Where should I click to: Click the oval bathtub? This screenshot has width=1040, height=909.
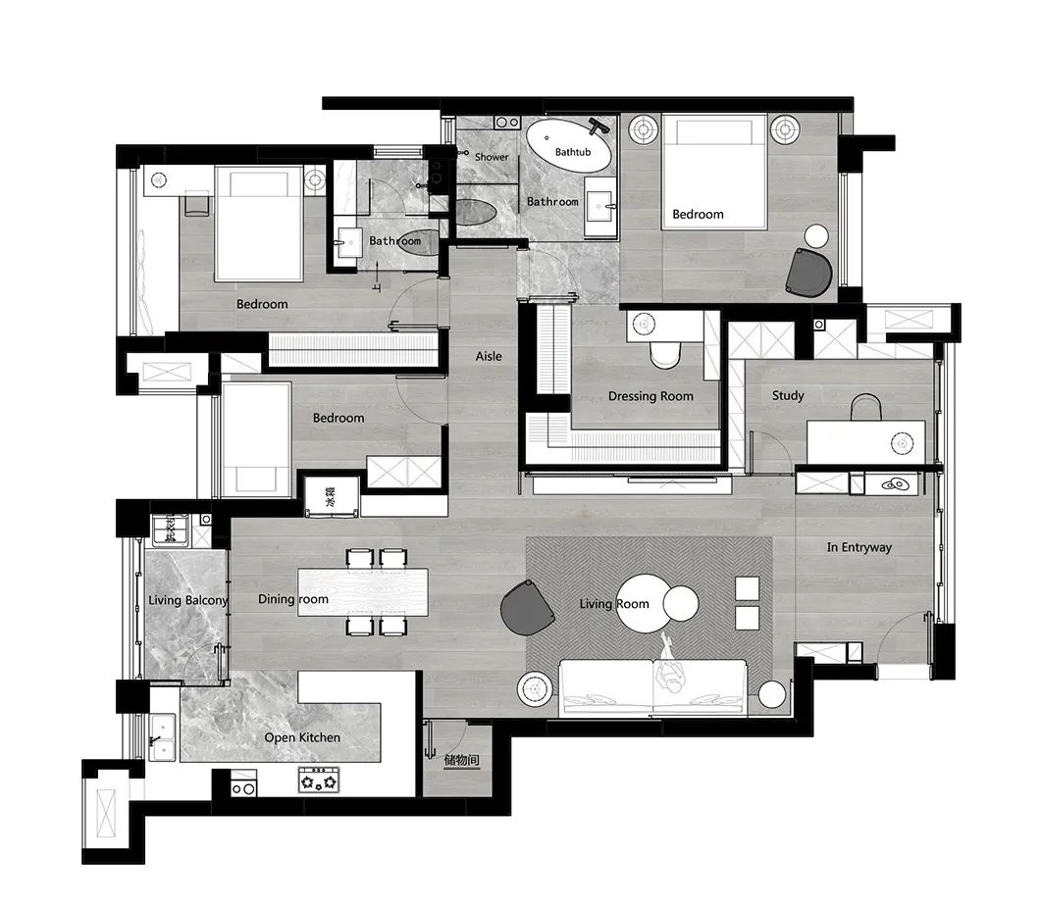click(x=570, y=147)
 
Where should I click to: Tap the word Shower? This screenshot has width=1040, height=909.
click(x=492, y=157)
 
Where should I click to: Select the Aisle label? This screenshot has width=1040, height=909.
click(x=489, y=356)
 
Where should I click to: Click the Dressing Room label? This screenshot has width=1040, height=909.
click(x=650, y=396)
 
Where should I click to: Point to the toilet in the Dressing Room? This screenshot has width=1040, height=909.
click(x=664, y=351)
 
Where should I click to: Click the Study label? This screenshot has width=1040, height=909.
click(x=788, y=395)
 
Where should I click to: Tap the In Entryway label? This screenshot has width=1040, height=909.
click(x=859, y=547)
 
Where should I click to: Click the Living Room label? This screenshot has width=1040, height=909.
click(x=614, y=603)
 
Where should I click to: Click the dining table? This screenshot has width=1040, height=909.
click(x=363, y=592)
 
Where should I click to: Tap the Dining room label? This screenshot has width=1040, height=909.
click(x=293, y=599)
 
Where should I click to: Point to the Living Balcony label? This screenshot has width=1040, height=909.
click(x=188, y=600)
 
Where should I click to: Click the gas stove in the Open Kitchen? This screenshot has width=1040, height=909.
click(x=319, y=782)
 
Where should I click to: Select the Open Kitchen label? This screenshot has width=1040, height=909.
click(x=302, y=737)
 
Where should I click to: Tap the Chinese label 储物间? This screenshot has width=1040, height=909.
click(x=461, y=760)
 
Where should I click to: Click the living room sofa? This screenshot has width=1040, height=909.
click(x=653, y=686)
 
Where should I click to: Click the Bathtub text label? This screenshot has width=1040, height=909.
click(x=573, y=153)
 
